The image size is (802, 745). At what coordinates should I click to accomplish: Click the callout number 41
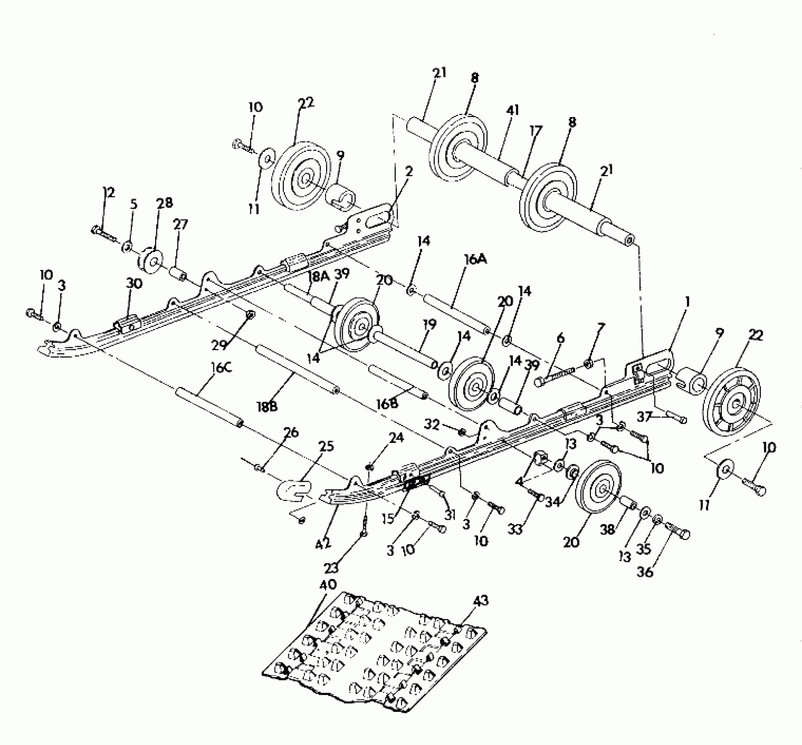click(x=511, y=110)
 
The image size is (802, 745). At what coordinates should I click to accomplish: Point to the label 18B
click(x=267, y=407)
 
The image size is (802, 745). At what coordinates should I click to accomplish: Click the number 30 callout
click(x=134, y=284)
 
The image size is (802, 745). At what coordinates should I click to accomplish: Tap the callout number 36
click(x=646, y=571)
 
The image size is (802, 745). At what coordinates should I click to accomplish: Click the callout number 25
click(x=327, y=447)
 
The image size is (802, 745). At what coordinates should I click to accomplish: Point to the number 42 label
click(x=323, y=544)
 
